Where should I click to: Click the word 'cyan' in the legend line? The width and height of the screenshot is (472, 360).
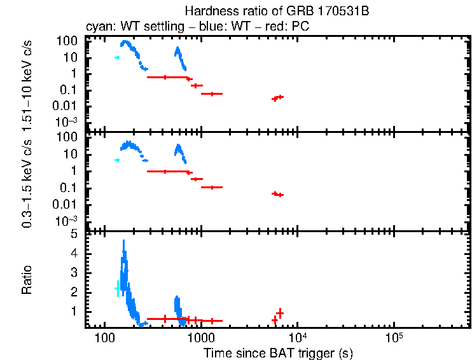[98, 27]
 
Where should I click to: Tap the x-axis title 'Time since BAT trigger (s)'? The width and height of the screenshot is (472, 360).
[278, 352]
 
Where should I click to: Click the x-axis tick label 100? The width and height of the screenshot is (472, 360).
[104, 337]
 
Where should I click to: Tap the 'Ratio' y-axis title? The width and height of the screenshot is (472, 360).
[27, 280]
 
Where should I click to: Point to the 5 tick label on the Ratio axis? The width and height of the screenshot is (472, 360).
[74, 234]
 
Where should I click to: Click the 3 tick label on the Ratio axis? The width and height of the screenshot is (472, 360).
[74, 272]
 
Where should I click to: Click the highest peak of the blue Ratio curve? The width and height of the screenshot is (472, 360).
[123, 241]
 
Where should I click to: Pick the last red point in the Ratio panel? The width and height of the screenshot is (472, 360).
[280, 312]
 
